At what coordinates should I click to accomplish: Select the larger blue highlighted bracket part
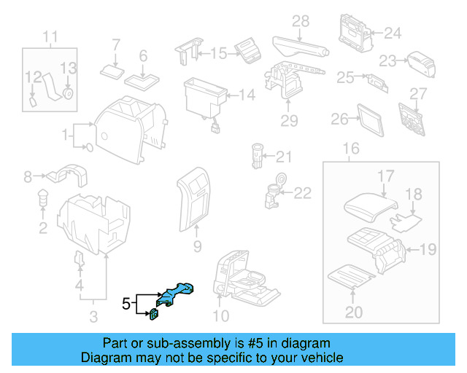click(x=177, y=293)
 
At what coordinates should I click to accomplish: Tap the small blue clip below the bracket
click(x=155, y=314)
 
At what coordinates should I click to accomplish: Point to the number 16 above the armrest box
click(x=351, y=149)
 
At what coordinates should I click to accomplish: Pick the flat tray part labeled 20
click(x=352, y=277)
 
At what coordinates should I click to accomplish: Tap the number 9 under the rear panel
click(x=197, y=248)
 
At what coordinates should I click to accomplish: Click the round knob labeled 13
click(x=68, y=93)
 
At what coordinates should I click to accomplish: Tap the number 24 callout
click(x=393, y=33)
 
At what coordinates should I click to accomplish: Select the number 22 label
click(x=302, y=193)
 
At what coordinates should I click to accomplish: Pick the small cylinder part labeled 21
click(x=258, y=156)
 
